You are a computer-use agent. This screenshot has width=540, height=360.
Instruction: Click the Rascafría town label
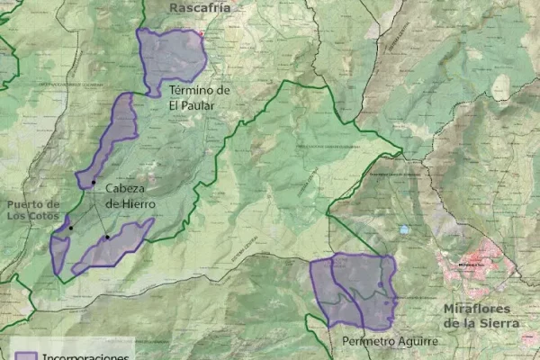200,8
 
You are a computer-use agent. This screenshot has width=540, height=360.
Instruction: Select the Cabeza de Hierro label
124,196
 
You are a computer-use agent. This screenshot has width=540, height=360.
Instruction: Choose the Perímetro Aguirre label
390,342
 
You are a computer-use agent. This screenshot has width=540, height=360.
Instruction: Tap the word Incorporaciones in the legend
86,355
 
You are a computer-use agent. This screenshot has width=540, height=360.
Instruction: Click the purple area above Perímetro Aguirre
353,290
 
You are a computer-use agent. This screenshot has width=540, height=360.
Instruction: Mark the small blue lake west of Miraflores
404,229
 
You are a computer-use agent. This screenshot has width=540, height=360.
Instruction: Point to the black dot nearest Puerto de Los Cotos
70,228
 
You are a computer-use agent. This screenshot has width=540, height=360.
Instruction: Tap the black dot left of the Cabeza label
93,183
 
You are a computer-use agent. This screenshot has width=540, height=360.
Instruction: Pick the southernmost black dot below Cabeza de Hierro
107,238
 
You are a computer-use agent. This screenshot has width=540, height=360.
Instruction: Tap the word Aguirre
416,342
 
